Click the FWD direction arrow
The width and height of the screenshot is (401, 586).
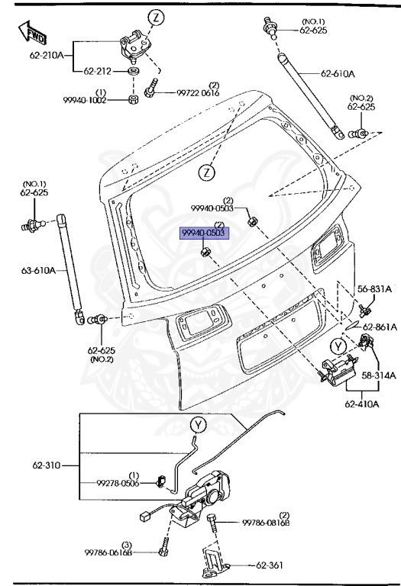coord(33,32)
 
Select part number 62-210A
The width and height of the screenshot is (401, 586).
coord(47,55)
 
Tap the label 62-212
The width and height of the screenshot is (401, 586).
coord(97,71)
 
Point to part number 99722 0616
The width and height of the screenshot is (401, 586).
coord(198,92)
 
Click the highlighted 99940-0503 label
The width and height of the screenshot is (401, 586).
coord(203,233)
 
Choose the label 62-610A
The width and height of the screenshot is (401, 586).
coord(338,73)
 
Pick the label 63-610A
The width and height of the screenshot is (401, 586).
coord(38,270)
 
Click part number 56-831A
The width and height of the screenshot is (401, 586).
coord(374,288)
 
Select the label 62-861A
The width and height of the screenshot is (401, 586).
coord(380,327)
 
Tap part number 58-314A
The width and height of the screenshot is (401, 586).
coord(379,375)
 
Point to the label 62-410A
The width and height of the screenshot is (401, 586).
coord(362,404)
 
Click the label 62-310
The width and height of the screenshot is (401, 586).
coord(47,465)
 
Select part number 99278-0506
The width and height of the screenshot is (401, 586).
coord(118,483)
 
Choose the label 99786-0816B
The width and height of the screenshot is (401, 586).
coord(266,523)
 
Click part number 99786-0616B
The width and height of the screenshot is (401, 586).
coord(108,552)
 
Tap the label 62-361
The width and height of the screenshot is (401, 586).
coord(270,565)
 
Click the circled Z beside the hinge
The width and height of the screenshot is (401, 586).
coord(157,18)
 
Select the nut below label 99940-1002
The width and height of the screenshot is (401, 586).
coord(132,100)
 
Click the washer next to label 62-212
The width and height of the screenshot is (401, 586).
coord(134,71)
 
